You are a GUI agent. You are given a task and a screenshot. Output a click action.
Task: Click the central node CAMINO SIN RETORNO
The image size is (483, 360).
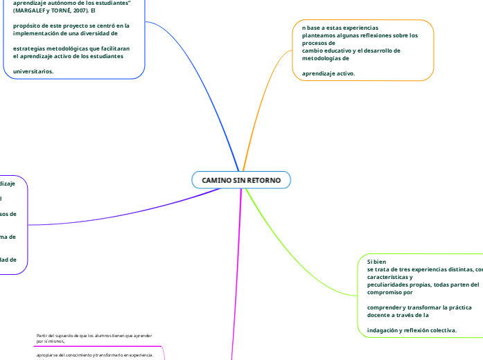coord(241,180)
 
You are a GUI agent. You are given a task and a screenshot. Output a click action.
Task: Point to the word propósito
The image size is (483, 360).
coord(29,26)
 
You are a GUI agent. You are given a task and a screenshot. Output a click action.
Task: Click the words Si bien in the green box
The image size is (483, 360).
coord(376,262)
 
